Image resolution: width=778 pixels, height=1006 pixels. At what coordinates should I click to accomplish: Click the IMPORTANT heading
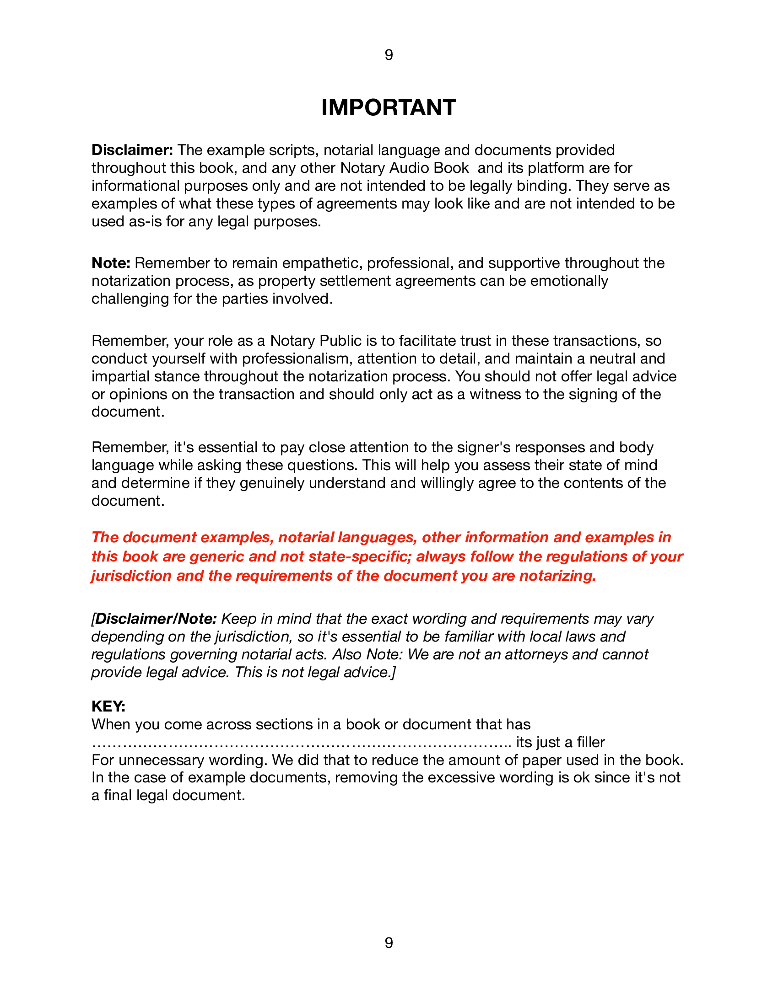coord(389,108)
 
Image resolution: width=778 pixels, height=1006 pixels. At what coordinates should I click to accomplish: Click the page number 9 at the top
coord(389,55)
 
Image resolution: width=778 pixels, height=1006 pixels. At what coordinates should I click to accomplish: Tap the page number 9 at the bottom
coord(389,943)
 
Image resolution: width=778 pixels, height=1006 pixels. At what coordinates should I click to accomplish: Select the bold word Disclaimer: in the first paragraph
coord(132,150)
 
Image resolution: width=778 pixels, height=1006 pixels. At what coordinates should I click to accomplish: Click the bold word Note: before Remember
coord(111,263)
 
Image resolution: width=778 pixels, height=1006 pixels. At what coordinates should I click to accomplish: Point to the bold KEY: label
coord(108,706)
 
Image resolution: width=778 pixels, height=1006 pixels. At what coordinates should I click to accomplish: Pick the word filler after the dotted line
coord(591,743)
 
